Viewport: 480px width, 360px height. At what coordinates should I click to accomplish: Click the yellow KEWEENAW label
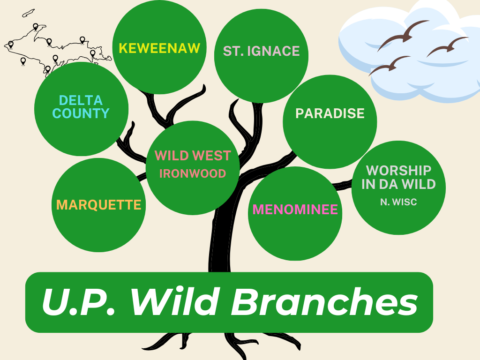click(x=159, y=48)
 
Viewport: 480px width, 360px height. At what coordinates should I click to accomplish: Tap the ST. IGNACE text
click(x=261, y=51)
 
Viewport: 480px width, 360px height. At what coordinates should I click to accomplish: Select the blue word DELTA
click(x=81, y=100)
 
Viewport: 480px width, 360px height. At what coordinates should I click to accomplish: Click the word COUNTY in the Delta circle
click(x=81, y=113)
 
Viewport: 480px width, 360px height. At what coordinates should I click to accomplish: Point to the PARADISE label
click(x=330, y=113)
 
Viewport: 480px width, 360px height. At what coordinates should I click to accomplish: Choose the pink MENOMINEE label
click(x=295, y=210)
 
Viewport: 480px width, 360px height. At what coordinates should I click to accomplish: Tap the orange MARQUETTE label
click(x=98, y=205)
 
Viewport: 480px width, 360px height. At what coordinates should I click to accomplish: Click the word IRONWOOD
click(x=193, y=173)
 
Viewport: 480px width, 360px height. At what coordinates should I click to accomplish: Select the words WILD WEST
click(x=193, y=156)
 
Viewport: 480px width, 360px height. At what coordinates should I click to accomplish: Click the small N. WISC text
click(x=398, y=202)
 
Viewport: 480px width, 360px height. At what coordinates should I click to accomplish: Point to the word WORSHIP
click(x=398, y=170)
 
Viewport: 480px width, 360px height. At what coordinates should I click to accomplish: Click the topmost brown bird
click(x=403, y=34)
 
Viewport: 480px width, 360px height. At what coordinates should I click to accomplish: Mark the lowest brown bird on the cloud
click(x=390, y=65)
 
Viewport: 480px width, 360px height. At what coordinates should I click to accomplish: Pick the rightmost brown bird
click(x=447, y=46)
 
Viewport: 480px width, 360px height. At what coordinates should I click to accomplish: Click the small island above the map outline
click(x=28, y=13)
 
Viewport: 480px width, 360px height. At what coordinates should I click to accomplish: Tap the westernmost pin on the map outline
click(x=11, y=45)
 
